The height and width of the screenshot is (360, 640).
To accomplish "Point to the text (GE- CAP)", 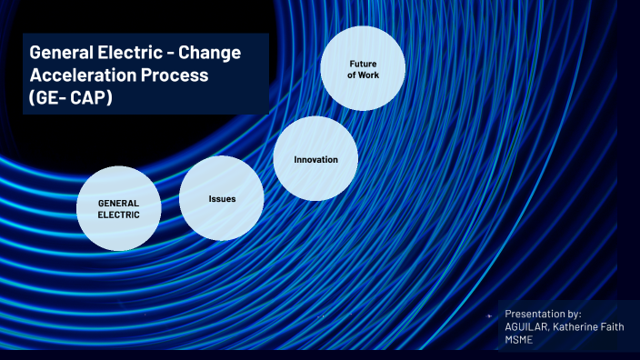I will [71, 96].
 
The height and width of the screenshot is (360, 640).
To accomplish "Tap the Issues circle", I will [222, 197].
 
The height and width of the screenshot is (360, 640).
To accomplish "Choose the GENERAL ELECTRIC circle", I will [119, 209].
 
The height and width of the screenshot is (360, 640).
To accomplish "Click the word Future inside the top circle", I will [363, 63].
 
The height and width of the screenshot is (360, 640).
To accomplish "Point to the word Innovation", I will [315, 160].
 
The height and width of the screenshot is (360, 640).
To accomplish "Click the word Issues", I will [222, 198].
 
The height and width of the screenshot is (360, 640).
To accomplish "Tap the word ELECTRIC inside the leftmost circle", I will [119, 215].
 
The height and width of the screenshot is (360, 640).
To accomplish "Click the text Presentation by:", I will [543, 313].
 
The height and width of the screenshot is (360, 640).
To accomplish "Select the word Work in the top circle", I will [369, 75].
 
